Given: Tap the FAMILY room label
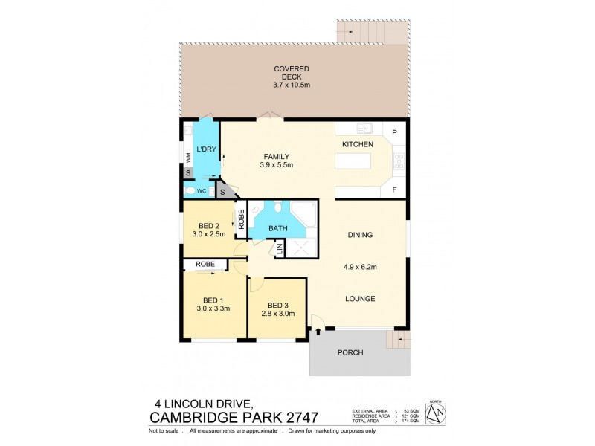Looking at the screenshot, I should click(x=276, y=156).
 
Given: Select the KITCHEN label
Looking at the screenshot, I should click(x=357, y=143).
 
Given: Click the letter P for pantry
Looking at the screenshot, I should click(x=394, y=132).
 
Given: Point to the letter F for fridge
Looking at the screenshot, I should click(x=394, y=190).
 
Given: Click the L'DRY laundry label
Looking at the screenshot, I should click(x=206, y=150).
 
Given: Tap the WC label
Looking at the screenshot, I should click(x=202, y=191).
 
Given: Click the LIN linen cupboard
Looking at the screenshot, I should click(x=280, y=251).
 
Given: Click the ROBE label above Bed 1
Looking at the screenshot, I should click(x=205, y=264).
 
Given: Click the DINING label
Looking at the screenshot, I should click(x=360, y=235).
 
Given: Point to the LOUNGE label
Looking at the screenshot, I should click(x=360, y=299).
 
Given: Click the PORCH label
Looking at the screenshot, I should click(x=350, y=352).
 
